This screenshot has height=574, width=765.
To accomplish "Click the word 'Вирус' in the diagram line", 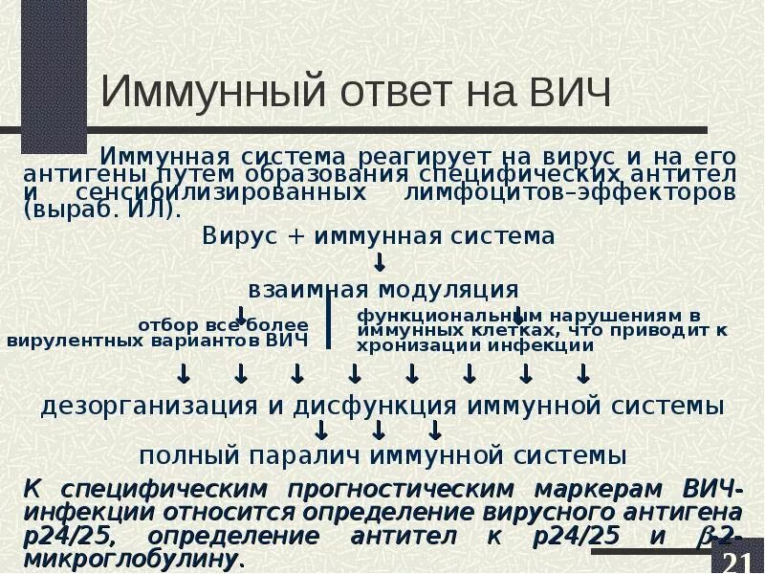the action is click(234, 236).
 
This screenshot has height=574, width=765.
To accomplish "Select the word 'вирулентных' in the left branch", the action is click(72, 340).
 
